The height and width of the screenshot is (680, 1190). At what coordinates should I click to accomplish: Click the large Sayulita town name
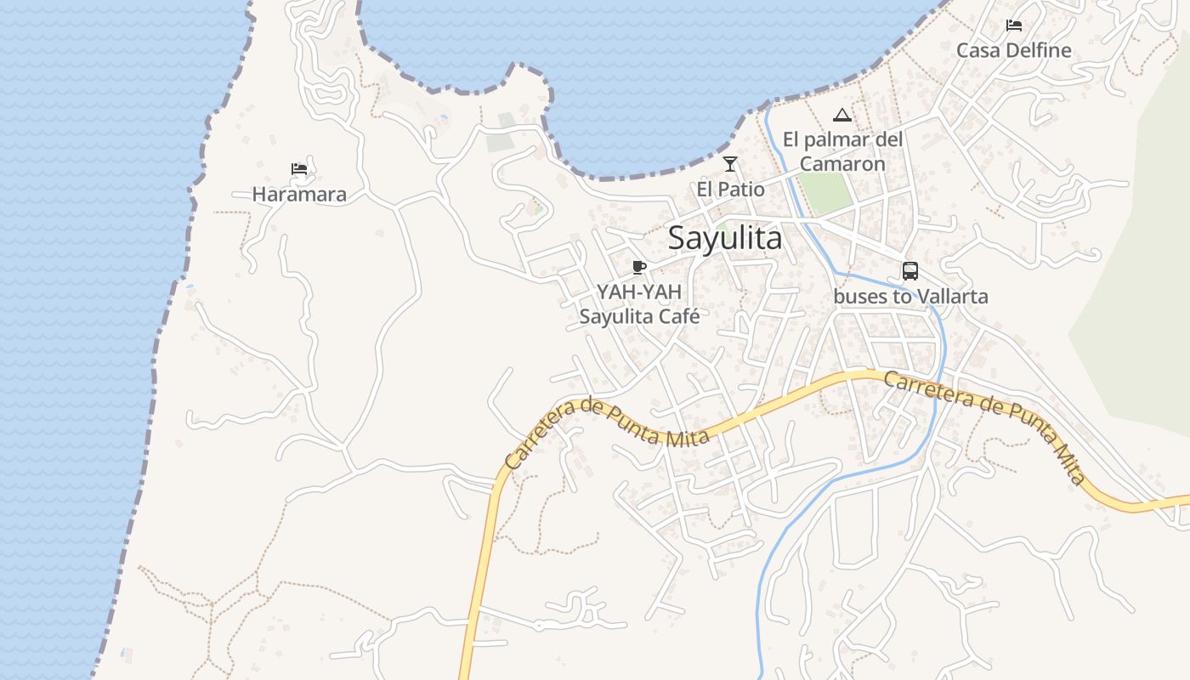pos(725,238)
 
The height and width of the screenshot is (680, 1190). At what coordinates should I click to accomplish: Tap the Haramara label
pos(299,195)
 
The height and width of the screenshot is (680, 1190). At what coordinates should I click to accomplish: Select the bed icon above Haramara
pos(298,168)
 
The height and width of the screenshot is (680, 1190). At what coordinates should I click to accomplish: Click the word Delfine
pos(1038,50)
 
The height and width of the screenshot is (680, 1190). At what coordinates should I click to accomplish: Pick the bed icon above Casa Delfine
pos(1013,25)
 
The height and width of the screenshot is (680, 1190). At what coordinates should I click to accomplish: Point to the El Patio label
pos(730,189)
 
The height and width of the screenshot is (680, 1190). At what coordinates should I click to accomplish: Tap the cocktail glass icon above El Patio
pos(729,163)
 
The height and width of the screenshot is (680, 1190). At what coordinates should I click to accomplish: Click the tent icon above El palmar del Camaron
pos(841,115)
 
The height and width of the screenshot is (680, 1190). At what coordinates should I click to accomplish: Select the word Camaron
pos(842,163)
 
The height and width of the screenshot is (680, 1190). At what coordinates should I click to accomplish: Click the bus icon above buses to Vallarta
pos(909,271)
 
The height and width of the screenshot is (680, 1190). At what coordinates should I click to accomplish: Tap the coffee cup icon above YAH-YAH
pos(639,268)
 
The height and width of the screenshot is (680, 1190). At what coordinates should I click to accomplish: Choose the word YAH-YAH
pos(639,292)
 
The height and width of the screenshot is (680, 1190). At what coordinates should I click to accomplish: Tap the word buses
pos(858,297)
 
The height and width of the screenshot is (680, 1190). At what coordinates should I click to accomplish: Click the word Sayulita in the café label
pos(615,316)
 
